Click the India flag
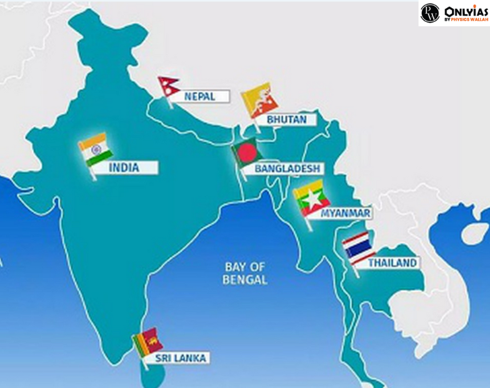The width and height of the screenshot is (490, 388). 96,150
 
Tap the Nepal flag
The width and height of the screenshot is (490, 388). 168,86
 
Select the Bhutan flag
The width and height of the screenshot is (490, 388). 259,99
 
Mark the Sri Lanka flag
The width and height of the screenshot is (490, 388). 148,342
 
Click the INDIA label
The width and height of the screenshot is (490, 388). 124,168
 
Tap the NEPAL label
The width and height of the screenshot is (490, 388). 200,96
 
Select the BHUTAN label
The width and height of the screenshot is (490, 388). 287,120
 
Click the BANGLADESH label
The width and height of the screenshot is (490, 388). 287,168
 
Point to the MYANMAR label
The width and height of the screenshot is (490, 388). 346,213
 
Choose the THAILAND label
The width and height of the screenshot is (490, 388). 392,263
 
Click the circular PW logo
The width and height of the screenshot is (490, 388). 430,13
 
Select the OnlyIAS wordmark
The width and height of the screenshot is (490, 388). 465,11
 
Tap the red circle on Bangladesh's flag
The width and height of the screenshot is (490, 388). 247,151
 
